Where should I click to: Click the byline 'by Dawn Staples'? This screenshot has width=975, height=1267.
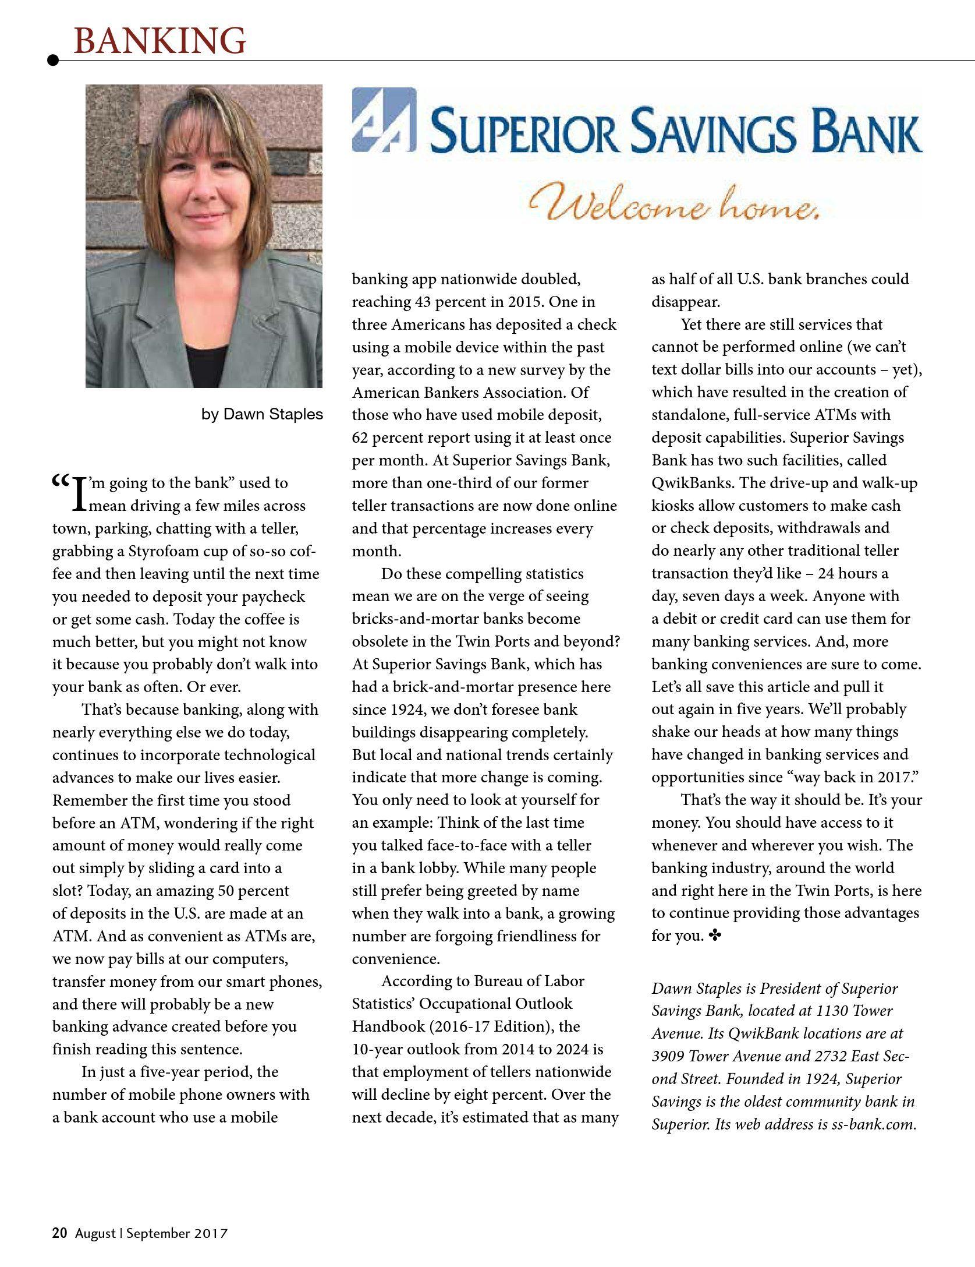pos(262,414)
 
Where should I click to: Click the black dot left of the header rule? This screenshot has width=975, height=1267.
pos(53,60)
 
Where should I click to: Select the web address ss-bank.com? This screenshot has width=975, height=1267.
pos(873,1124)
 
